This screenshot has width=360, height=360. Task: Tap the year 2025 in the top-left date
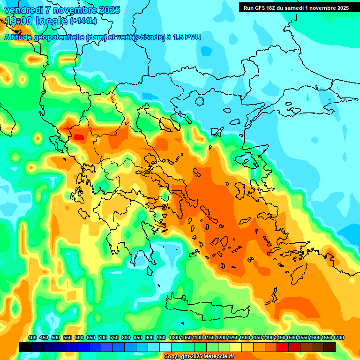[107, 10]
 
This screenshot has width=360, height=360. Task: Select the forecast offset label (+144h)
[83, 21]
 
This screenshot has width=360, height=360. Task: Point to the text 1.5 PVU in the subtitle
[187, 37]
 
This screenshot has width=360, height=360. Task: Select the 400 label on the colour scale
[32, 338]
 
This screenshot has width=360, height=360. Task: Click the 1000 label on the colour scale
[174, 338]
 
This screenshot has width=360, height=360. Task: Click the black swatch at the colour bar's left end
[25, 347]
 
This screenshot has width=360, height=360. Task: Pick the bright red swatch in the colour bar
[283, 347]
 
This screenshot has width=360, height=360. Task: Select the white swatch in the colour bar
[165, 347]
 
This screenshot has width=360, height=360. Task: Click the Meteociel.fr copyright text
[199, 357]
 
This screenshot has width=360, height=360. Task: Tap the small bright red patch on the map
[78, 137]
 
